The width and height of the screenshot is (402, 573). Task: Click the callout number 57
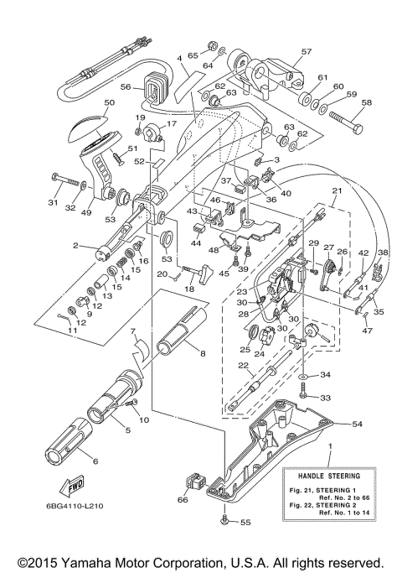pos(306,51)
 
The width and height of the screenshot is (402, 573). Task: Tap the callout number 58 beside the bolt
pos(365,103)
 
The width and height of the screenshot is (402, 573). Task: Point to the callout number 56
pos(125,86)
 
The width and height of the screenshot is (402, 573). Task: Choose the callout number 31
pos(51,202)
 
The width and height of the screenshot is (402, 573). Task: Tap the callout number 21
pos(336,191)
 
